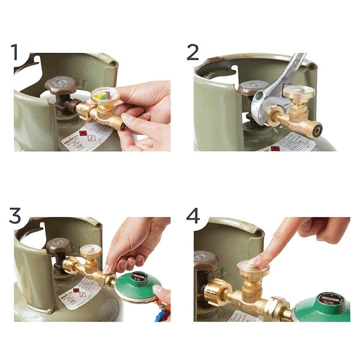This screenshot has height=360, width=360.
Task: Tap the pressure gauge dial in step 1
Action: coord(104,95)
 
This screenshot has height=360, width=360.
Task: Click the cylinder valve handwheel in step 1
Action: coord(60,85)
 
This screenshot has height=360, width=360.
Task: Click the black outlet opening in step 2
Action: coord(316,127)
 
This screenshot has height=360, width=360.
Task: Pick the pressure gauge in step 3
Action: coord(91,251)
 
